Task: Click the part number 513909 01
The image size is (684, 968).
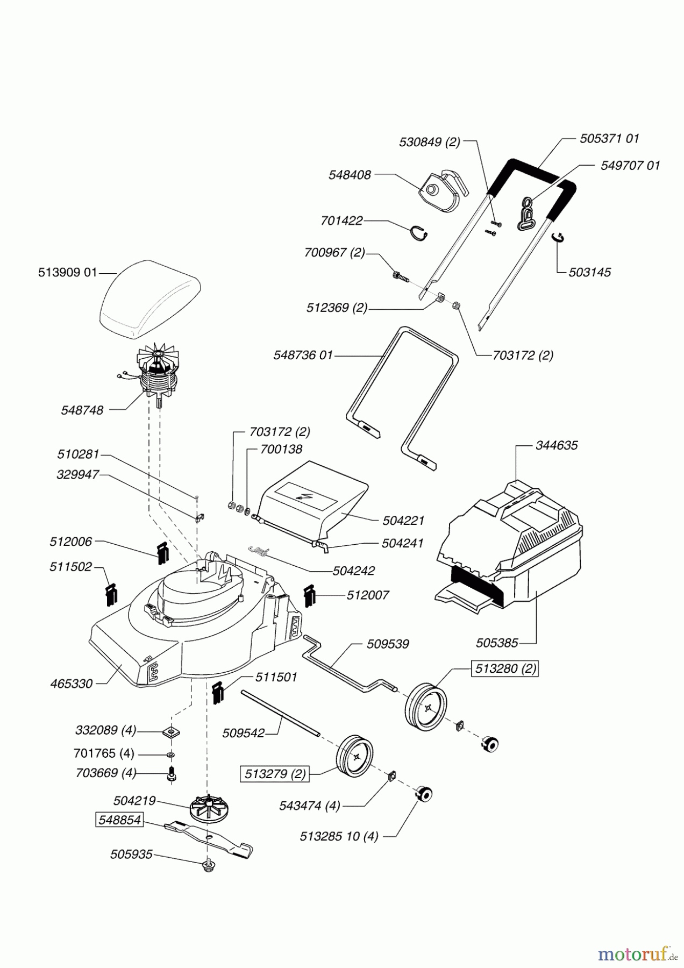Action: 67,272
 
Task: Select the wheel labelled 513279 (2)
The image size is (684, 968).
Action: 355,756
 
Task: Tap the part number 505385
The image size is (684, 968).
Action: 497,643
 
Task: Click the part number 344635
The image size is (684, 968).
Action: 557,445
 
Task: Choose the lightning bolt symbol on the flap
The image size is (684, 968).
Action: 300,496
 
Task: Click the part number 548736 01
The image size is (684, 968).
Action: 303,355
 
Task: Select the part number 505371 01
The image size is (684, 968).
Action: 609,138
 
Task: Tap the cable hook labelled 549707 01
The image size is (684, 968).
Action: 527,212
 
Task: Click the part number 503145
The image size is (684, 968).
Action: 590,272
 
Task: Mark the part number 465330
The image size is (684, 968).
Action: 71,684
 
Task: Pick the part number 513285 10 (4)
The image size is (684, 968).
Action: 339,836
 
